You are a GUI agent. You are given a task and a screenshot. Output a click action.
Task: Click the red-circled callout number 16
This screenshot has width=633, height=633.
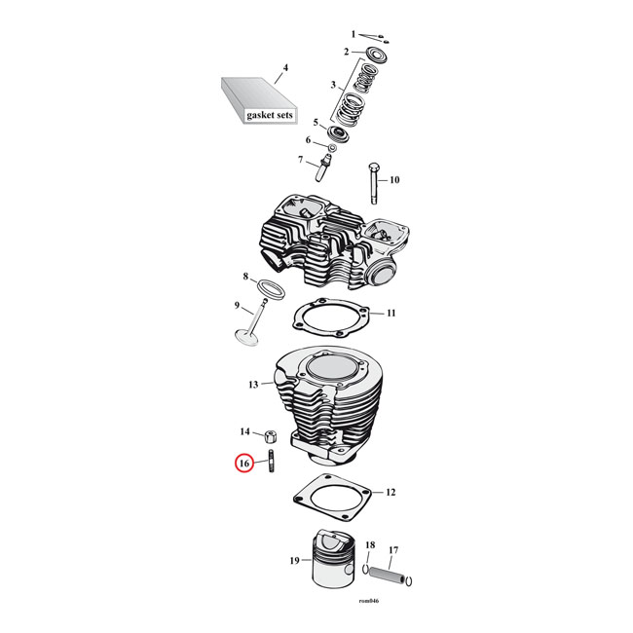click(243, 464)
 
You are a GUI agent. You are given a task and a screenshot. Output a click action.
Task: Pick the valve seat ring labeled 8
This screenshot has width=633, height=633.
click(270, 287)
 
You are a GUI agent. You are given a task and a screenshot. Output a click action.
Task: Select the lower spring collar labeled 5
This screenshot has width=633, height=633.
click(338, 130)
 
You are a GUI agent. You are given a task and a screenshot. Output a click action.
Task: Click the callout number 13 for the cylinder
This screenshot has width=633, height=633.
click(252, 386)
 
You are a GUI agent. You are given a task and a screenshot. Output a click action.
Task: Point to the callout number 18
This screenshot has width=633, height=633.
click(369, 544)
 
